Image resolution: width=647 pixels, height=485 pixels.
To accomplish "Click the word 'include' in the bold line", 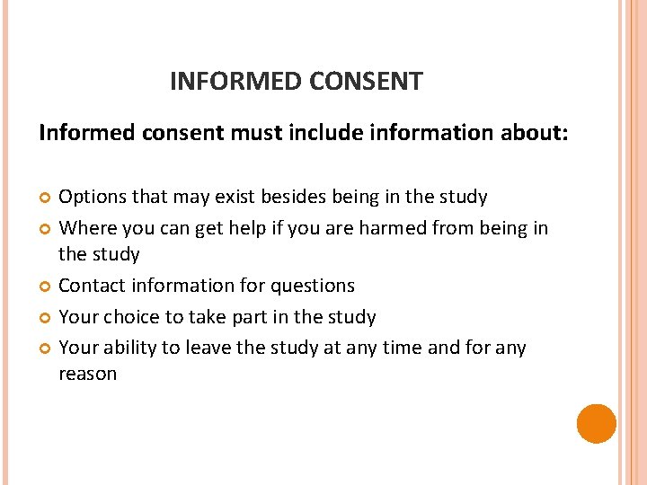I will (x=320, y=134).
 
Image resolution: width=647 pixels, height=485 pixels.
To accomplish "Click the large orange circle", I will (x=597, y=423).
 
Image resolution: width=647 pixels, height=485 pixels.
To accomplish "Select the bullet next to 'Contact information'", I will (x=45, y=287).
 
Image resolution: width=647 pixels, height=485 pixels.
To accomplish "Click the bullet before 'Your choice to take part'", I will (x=45, y=318).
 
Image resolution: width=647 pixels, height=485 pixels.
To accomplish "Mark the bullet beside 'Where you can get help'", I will (x=45, y=229).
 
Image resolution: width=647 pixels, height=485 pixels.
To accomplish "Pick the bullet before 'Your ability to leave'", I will (x=45, y=348).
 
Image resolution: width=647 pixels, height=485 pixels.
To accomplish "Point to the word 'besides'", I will (x=334, y=197).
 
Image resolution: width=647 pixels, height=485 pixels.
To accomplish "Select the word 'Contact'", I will (x=92, y=286).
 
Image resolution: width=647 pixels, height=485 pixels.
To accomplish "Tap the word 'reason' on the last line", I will (x=87, y=374).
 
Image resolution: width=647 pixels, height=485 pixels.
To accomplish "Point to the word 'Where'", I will (x=86, y=228).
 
